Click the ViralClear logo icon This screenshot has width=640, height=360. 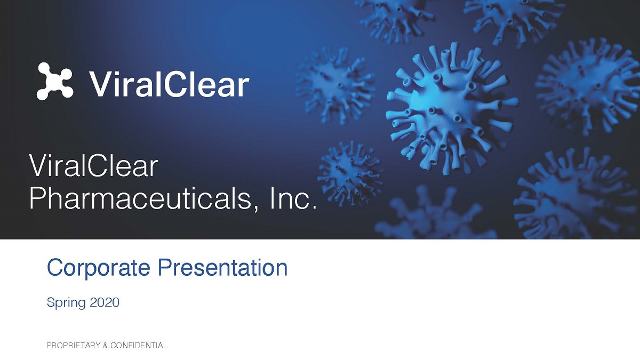pos(55,81)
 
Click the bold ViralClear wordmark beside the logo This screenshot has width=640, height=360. pos(169,84)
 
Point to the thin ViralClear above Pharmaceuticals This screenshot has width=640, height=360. pos(93,165)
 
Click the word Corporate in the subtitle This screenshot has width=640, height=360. pos(98,268)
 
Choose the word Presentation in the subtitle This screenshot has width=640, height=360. pos(222,267)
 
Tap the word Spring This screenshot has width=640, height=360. pos(66,303)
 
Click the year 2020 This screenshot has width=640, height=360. pos(105,302)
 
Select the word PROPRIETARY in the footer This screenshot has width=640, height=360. pos(74,346)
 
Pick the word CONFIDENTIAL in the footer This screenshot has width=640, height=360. pos(139,346)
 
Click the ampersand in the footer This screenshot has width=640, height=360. pos(105,346)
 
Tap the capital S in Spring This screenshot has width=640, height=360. pos(51,302)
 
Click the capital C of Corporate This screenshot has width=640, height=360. pos(55,267)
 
